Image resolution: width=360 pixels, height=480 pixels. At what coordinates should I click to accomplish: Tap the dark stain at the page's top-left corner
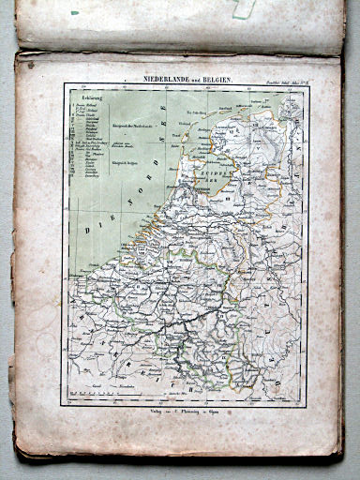(x=31, y=65)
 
